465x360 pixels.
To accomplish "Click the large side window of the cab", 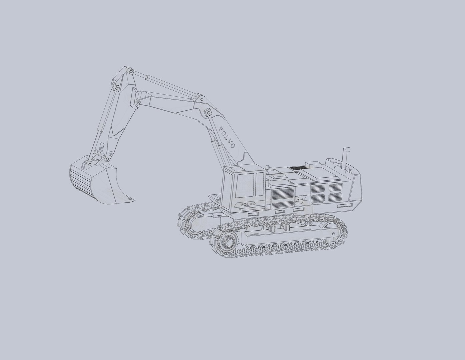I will tap(245, 185).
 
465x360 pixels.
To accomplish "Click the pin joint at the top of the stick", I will tap(131, 71).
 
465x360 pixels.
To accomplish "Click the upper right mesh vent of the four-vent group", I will tap(336, 188).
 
